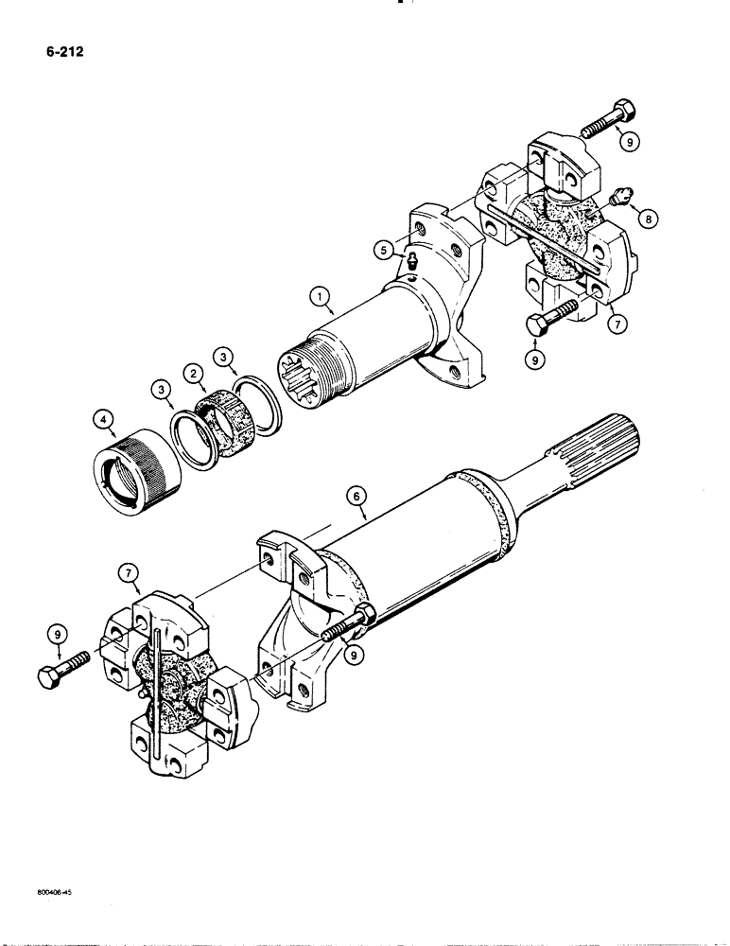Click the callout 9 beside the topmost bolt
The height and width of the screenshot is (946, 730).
629,142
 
